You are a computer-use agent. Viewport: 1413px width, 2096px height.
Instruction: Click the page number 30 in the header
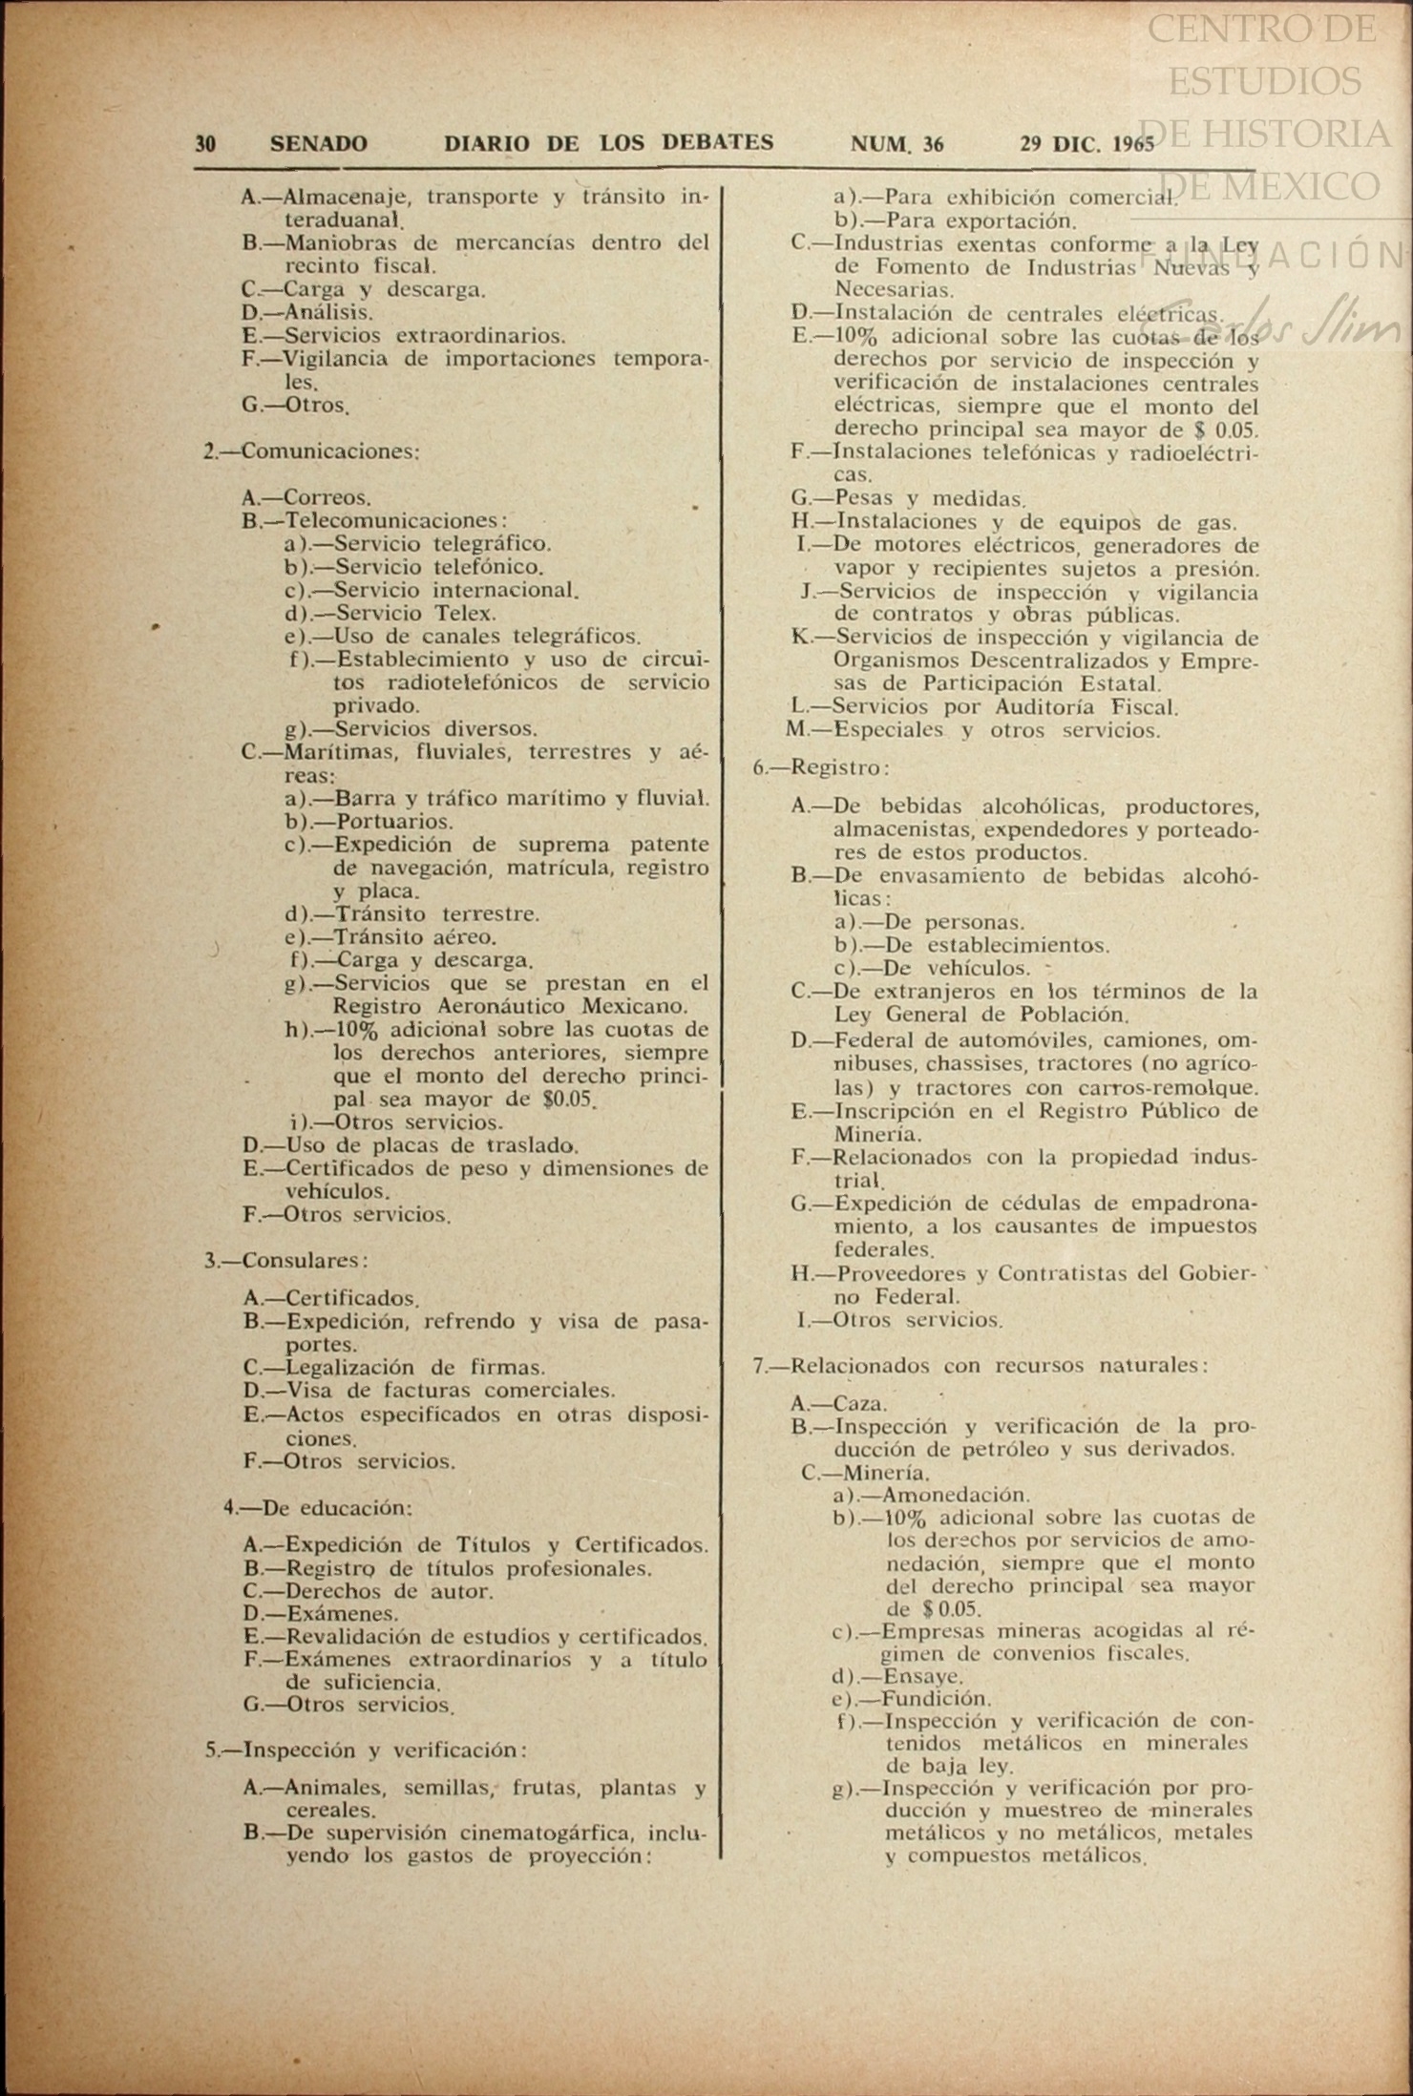pos(205,144)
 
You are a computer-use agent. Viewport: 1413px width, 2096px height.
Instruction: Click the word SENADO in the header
pos(318,144)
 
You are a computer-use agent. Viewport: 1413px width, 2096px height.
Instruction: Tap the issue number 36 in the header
pos(933,144)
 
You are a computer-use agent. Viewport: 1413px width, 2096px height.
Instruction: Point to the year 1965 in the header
pos(1133,145)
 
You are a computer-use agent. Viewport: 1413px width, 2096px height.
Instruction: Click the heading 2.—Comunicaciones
pos(311,451)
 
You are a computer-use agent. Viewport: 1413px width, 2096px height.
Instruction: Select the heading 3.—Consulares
pos(285,1260)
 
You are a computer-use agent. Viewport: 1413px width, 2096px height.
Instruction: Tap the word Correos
pos(327,497)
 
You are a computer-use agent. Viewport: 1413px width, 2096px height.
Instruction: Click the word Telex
pos(465,614)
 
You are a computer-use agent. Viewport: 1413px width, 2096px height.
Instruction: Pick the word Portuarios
pos(393,822)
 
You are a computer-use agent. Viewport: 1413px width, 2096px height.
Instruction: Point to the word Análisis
pos(328,312)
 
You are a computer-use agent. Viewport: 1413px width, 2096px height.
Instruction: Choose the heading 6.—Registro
pos(821,767)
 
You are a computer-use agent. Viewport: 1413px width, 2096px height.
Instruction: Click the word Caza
pos(860,1404)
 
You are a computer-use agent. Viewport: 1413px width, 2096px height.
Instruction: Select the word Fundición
pos(937,1699)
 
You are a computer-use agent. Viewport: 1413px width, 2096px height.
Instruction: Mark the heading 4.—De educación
pos(317,1508)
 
